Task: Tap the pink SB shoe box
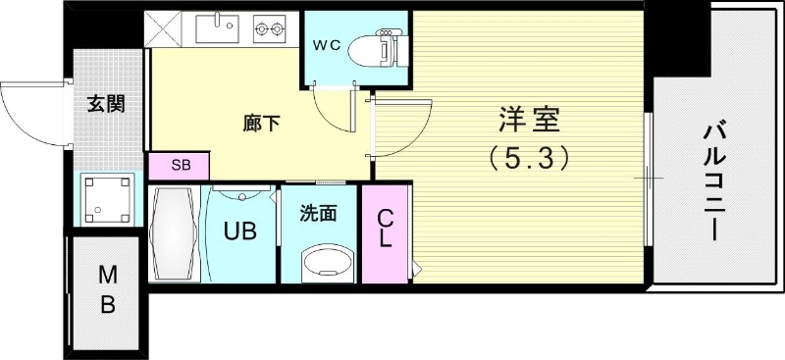coord(181,165)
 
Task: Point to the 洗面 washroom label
coord(318,211)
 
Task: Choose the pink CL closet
coord(386,233)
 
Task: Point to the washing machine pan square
coord(107,201)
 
